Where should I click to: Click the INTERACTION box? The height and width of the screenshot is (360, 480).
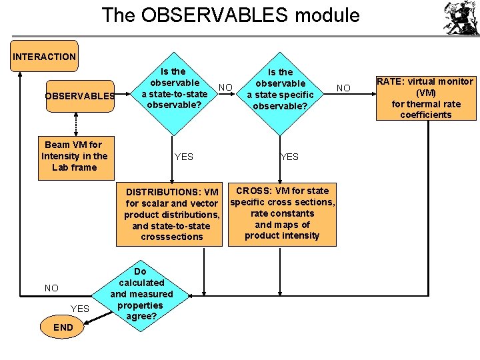point(44,57)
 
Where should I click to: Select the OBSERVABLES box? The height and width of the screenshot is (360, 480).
point(79,95)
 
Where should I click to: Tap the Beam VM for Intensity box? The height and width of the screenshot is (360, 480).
point(75,155)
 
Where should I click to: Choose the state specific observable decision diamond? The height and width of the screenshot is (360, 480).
point(281,89)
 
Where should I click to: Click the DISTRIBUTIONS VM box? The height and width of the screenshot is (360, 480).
point(173,214)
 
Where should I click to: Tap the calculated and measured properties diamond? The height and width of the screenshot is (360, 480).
point(141,294)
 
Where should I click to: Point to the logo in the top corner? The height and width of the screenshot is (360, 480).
point(461,18)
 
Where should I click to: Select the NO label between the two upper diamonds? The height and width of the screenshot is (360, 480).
point(226,87)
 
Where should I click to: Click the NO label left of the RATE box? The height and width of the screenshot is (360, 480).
point(343,88)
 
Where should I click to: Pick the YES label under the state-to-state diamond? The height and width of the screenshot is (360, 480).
point(183,157)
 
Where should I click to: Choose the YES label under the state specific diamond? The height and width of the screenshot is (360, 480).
point(289,157)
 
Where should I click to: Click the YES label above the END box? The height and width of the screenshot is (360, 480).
point(79,308)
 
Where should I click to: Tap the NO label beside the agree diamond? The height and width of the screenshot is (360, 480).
point(51,288)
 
